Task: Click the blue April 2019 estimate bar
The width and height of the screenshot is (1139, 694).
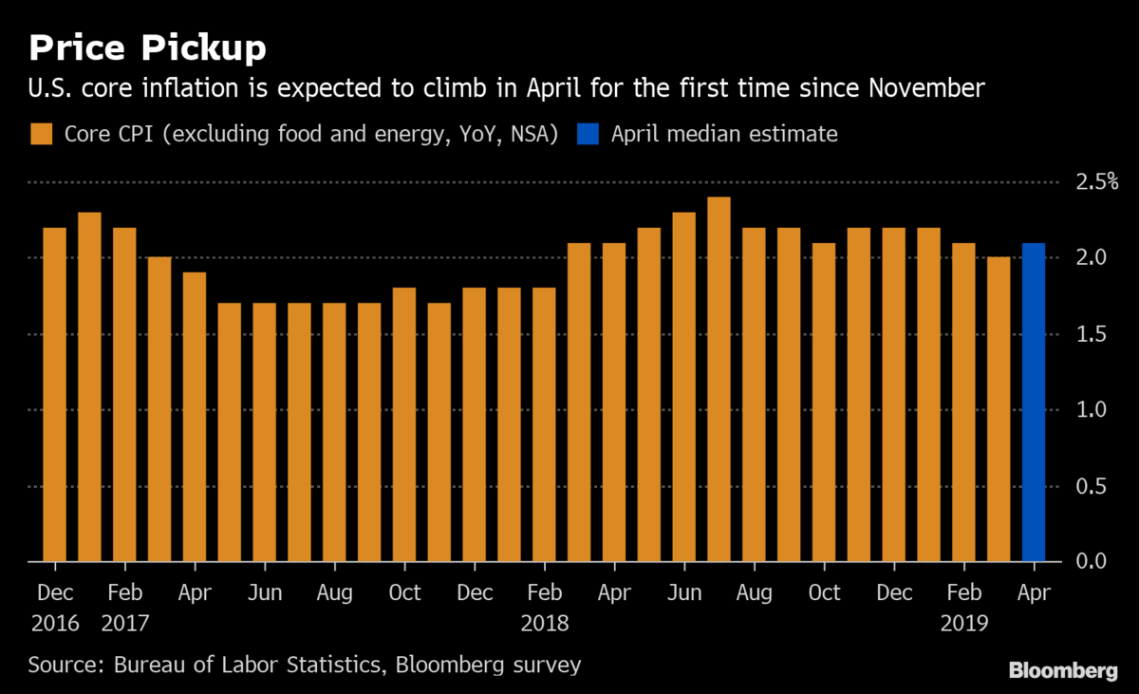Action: (1034, 403)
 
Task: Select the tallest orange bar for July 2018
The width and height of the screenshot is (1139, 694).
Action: (719, 380)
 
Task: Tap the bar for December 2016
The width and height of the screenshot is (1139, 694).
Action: (55, 395)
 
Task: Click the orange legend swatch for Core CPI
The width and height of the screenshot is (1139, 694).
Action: (43, 134)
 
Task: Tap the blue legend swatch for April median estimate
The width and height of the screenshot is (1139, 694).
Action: (589, 134)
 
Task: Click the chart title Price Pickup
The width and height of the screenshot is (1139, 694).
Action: (147, 47)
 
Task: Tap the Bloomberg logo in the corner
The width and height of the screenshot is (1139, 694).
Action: (1062, 671)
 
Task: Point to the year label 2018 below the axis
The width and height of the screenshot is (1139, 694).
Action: (545, 623)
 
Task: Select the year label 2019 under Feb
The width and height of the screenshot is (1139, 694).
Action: (964, 623)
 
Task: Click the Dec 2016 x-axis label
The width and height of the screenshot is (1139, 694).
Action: (55, 592)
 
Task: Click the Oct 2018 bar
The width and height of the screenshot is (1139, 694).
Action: (824, 403)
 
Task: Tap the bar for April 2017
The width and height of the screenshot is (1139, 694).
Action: (195, 418)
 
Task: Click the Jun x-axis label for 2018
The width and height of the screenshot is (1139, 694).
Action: (684, 592)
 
